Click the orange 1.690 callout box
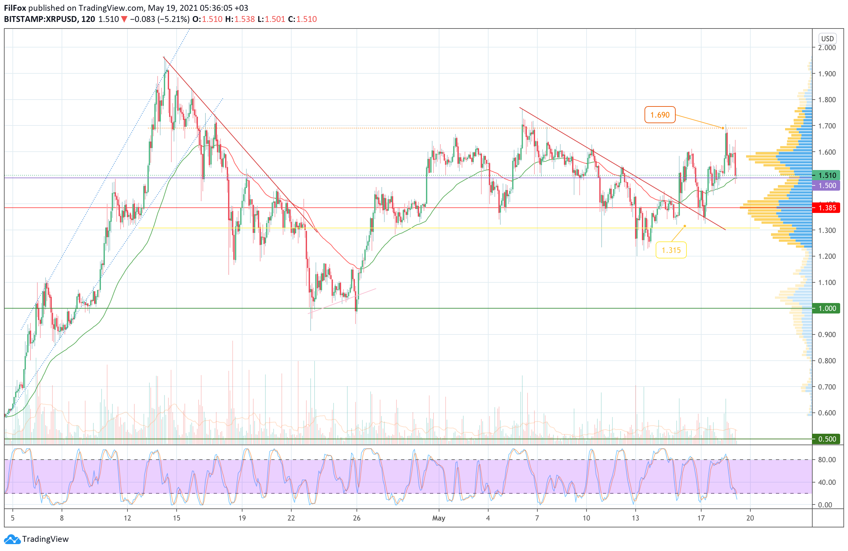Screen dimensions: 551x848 (660, 115)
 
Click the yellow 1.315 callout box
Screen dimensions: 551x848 (671, 250)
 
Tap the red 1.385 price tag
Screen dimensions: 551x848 (826, 208)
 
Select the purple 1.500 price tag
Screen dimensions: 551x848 (826, 185)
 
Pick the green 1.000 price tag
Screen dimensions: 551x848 (826, 308)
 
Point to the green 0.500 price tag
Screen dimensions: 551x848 (826, 439)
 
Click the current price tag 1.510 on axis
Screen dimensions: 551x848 (826, 175)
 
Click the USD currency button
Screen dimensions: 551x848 (827, 38)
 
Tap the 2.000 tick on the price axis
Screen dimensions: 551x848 (827, 48)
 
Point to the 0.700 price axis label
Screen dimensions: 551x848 (827, 387)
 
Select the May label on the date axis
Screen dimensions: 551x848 (439, 518)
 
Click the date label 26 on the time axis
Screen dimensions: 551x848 (357, 518)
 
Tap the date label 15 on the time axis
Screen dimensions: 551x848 (177, 518)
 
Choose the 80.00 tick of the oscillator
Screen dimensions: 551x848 (827, 460)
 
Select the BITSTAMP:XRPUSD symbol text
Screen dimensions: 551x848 (40, 19)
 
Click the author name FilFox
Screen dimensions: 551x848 (15, 8)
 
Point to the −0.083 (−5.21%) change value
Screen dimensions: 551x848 (160, 19)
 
